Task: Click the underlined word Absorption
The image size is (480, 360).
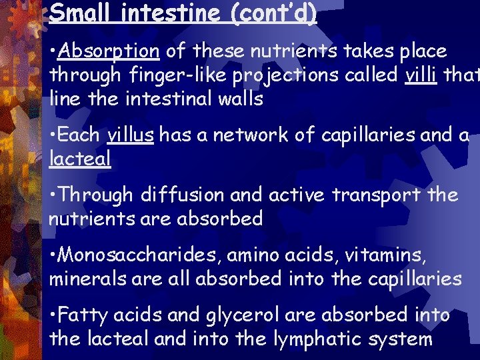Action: pos(111,51)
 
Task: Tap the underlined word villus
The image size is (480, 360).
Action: pos(131,135)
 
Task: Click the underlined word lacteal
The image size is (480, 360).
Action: pos(80,159)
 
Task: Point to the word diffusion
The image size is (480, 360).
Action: pos(174,195)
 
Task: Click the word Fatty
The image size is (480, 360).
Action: pos(87,315)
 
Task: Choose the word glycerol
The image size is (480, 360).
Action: pos(233,315)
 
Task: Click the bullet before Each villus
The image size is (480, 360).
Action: pos(53,135)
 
